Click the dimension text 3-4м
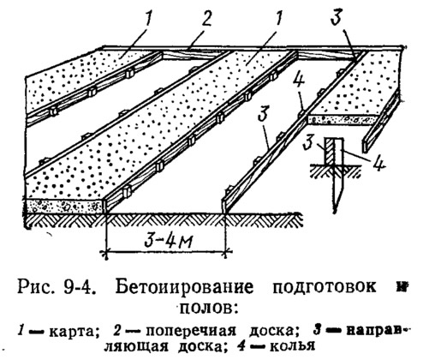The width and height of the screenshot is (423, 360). (x=168, y=240)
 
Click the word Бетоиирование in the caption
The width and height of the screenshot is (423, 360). (x=184, y=287)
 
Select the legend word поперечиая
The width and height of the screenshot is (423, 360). (x=190, y=332)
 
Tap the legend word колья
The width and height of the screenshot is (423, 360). (x=292, y=347)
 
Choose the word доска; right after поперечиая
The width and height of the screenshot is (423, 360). (x=274, y=332)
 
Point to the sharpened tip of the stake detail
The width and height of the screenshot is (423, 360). (x=336, y=212)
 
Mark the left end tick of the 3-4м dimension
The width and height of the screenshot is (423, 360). (x=106, y=252)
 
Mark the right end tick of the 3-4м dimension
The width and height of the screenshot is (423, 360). (x=225, y=252)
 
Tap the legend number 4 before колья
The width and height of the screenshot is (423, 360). (x=241, y=346)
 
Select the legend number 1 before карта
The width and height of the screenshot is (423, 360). (x=21, y=331)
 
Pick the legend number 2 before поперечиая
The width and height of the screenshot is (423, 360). (x=117, y=331)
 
